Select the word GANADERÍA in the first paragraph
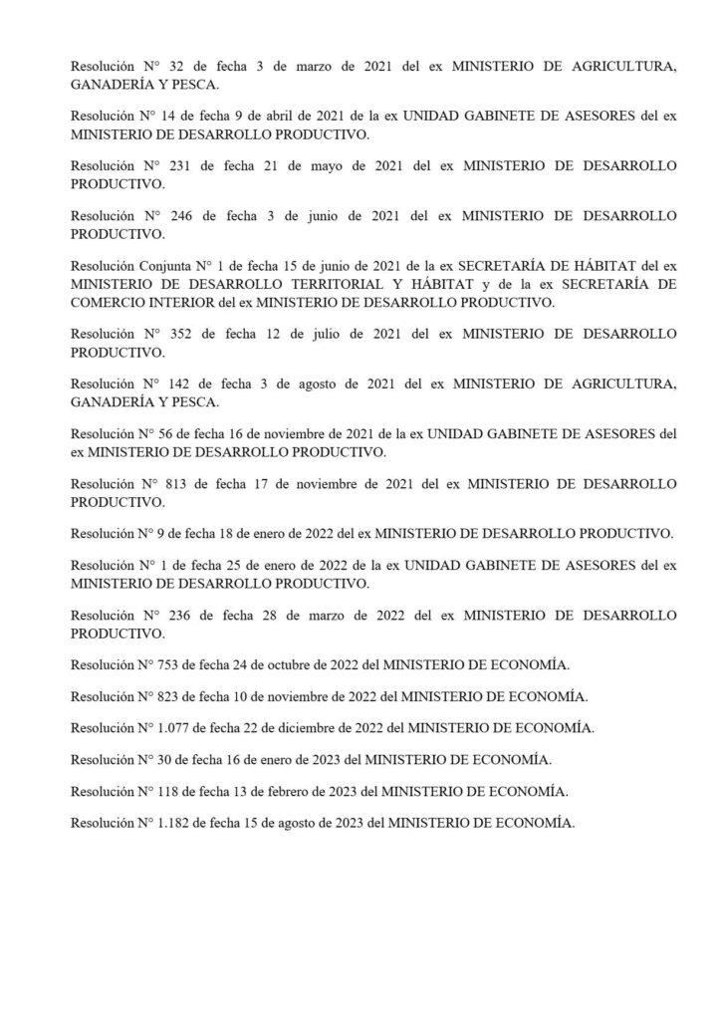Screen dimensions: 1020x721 (115, 86)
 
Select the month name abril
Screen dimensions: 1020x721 (250, 115)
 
